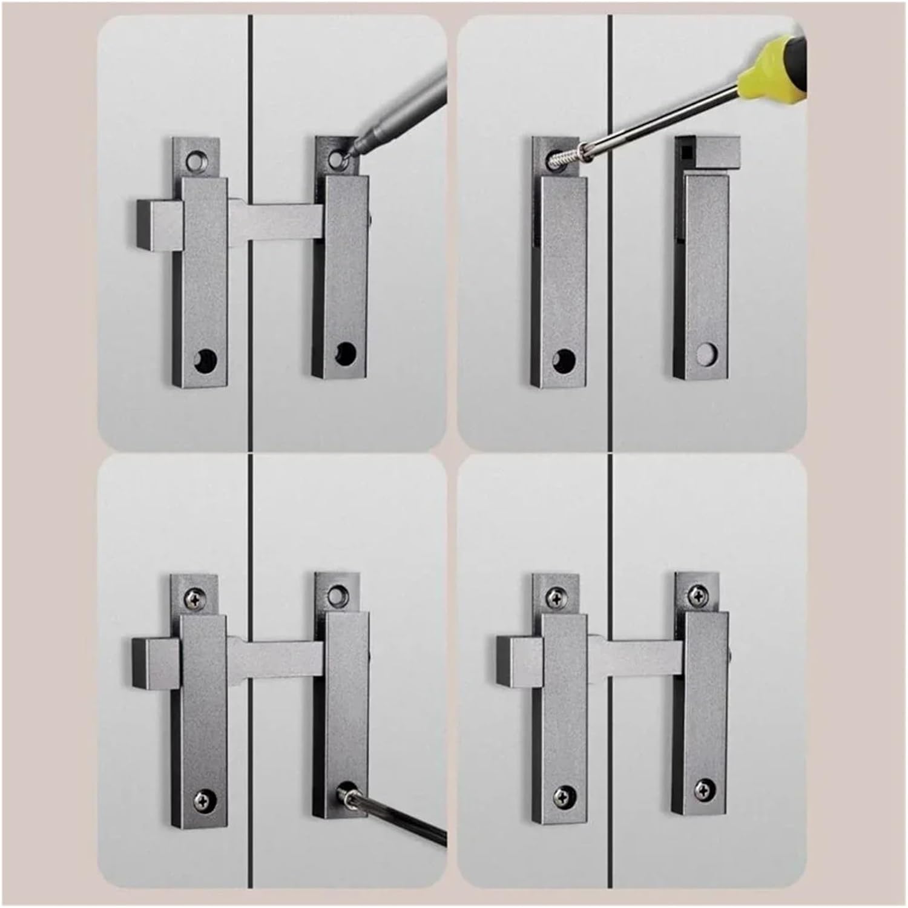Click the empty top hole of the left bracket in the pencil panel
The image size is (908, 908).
pos(194,160)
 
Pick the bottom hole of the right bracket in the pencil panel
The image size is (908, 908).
pos(346,353)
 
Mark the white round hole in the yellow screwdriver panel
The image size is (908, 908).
pos(706,354)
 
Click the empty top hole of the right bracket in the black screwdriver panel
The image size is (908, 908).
pos(337,595)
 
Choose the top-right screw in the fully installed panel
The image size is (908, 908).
pos(698,596)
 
